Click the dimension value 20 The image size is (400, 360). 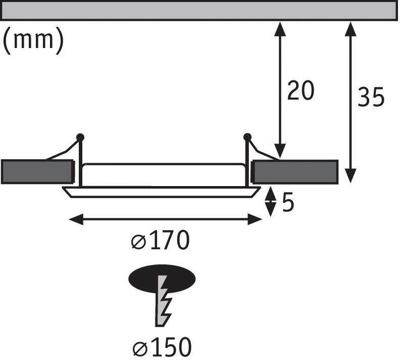click(301, 91)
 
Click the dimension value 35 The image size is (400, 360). click(371, 97)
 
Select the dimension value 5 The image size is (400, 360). click(287, 203)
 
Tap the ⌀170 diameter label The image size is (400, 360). click(160, 242)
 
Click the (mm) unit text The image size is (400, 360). click(33, 41)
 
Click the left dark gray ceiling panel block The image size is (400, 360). click(36, 172)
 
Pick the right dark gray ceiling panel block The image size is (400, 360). click(295, 172)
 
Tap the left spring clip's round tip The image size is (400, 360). click(80, 137)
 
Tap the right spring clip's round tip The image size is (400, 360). click(247, 137)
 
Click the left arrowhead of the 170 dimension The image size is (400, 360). click(74, 219)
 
